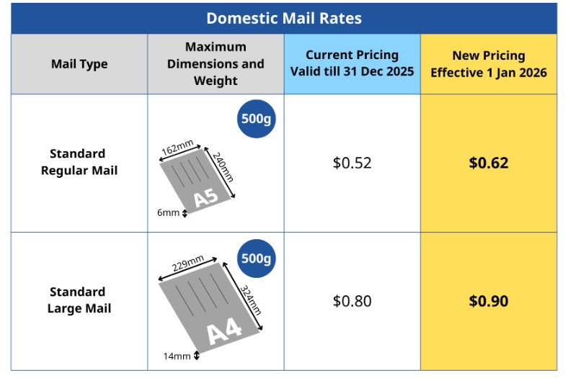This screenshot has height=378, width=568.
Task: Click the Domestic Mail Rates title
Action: click(x=283, y=18)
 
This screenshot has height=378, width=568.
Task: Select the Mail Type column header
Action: click(x=79, y=64)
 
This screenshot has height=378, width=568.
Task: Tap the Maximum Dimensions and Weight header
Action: click(x=216, y=64)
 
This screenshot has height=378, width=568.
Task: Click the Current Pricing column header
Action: click(x=352, y=63)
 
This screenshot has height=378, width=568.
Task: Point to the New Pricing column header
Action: click(x=488, y=63)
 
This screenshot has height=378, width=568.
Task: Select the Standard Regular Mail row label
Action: click(x=79, y=162)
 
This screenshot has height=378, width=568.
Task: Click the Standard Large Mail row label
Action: click(x=79, y=300)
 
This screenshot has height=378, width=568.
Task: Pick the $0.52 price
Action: click(x=352, y=163)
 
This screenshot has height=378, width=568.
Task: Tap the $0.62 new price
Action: click(x=488, y=163)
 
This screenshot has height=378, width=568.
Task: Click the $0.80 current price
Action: click(x=352, y=301)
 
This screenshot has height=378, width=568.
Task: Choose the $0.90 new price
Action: click(x=488, y=301)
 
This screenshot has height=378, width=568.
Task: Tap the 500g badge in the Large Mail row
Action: click(x=256, y=258)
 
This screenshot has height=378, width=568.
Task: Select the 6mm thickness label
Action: click(x=168, y=212)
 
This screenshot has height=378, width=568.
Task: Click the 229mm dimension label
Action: click(x=187, y=264)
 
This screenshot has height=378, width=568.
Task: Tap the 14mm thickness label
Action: click(x=177, y=356)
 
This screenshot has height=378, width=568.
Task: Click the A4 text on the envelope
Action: click(x=224, y=331)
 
